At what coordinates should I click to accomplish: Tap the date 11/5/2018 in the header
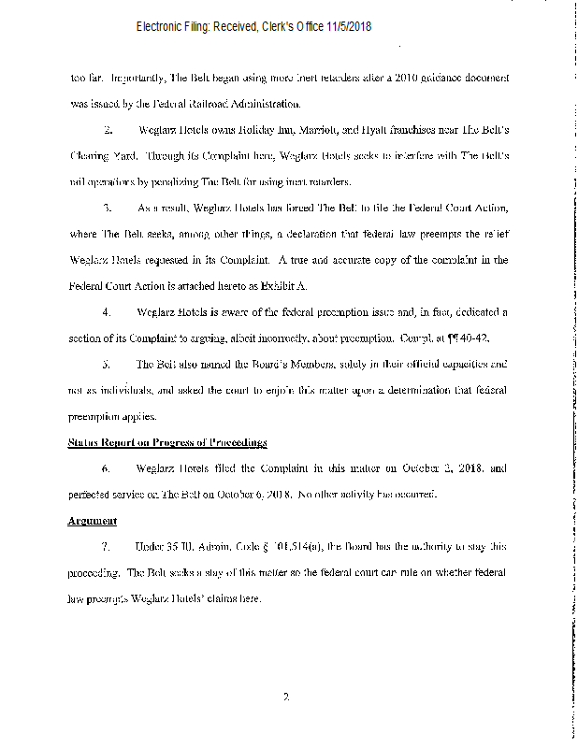[347, 27]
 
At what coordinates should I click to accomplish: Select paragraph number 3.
[108, 206]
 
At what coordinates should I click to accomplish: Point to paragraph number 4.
[108, 309]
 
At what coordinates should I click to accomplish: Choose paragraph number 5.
[108, 362]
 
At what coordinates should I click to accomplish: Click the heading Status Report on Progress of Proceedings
[168, 441]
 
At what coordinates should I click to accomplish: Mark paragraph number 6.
[108, 467]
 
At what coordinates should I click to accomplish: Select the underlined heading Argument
[92, 521]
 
